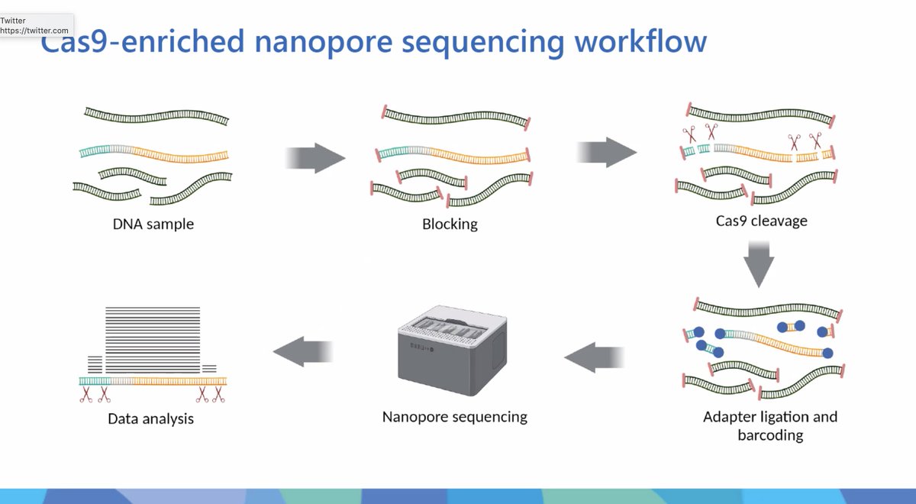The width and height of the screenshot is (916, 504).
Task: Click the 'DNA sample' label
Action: [153, 225]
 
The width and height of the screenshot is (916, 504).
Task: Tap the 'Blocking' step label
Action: [450, 225]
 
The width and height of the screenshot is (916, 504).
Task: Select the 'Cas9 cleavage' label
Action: [761, 221]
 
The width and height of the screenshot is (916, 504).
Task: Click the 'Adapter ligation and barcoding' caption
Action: [770, 426]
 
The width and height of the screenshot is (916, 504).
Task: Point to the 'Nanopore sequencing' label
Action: [454, 417]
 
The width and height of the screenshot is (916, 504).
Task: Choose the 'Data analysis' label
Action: [150, 418]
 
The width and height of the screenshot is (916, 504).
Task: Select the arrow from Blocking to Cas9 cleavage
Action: [608, 151]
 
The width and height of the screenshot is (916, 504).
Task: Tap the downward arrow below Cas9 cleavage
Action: [759, 263]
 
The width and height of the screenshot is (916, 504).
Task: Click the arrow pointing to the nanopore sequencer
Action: [594, 357]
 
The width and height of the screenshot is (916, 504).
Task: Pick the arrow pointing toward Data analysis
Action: [303, 351]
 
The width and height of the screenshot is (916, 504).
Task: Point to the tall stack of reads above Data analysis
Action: [152, 336]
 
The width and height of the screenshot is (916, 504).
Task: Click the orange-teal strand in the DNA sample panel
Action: [153, 152]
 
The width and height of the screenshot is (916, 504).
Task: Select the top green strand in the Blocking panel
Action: [456, 118]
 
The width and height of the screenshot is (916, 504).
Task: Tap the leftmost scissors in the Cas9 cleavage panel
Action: [690, 134]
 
